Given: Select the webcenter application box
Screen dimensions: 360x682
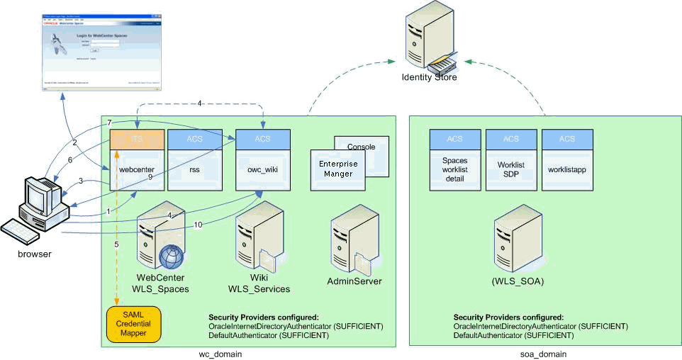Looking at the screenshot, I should pos(137,169).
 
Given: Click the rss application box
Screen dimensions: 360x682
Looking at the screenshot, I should pos(194,169).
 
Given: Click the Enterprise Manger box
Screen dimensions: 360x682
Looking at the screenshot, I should pos(337,169).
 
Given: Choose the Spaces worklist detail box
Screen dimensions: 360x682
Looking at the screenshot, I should pos(454,169).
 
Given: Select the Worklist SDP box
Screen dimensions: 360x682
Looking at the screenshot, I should pos(510,169).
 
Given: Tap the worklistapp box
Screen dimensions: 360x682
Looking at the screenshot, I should pos(566,169).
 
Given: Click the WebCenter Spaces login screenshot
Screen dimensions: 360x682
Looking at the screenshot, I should pos(101,52).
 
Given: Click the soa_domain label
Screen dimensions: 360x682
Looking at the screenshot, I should pos(544,353).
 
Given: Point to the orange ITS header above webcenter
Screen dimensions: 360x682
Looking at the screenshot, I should pos(137,138).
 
